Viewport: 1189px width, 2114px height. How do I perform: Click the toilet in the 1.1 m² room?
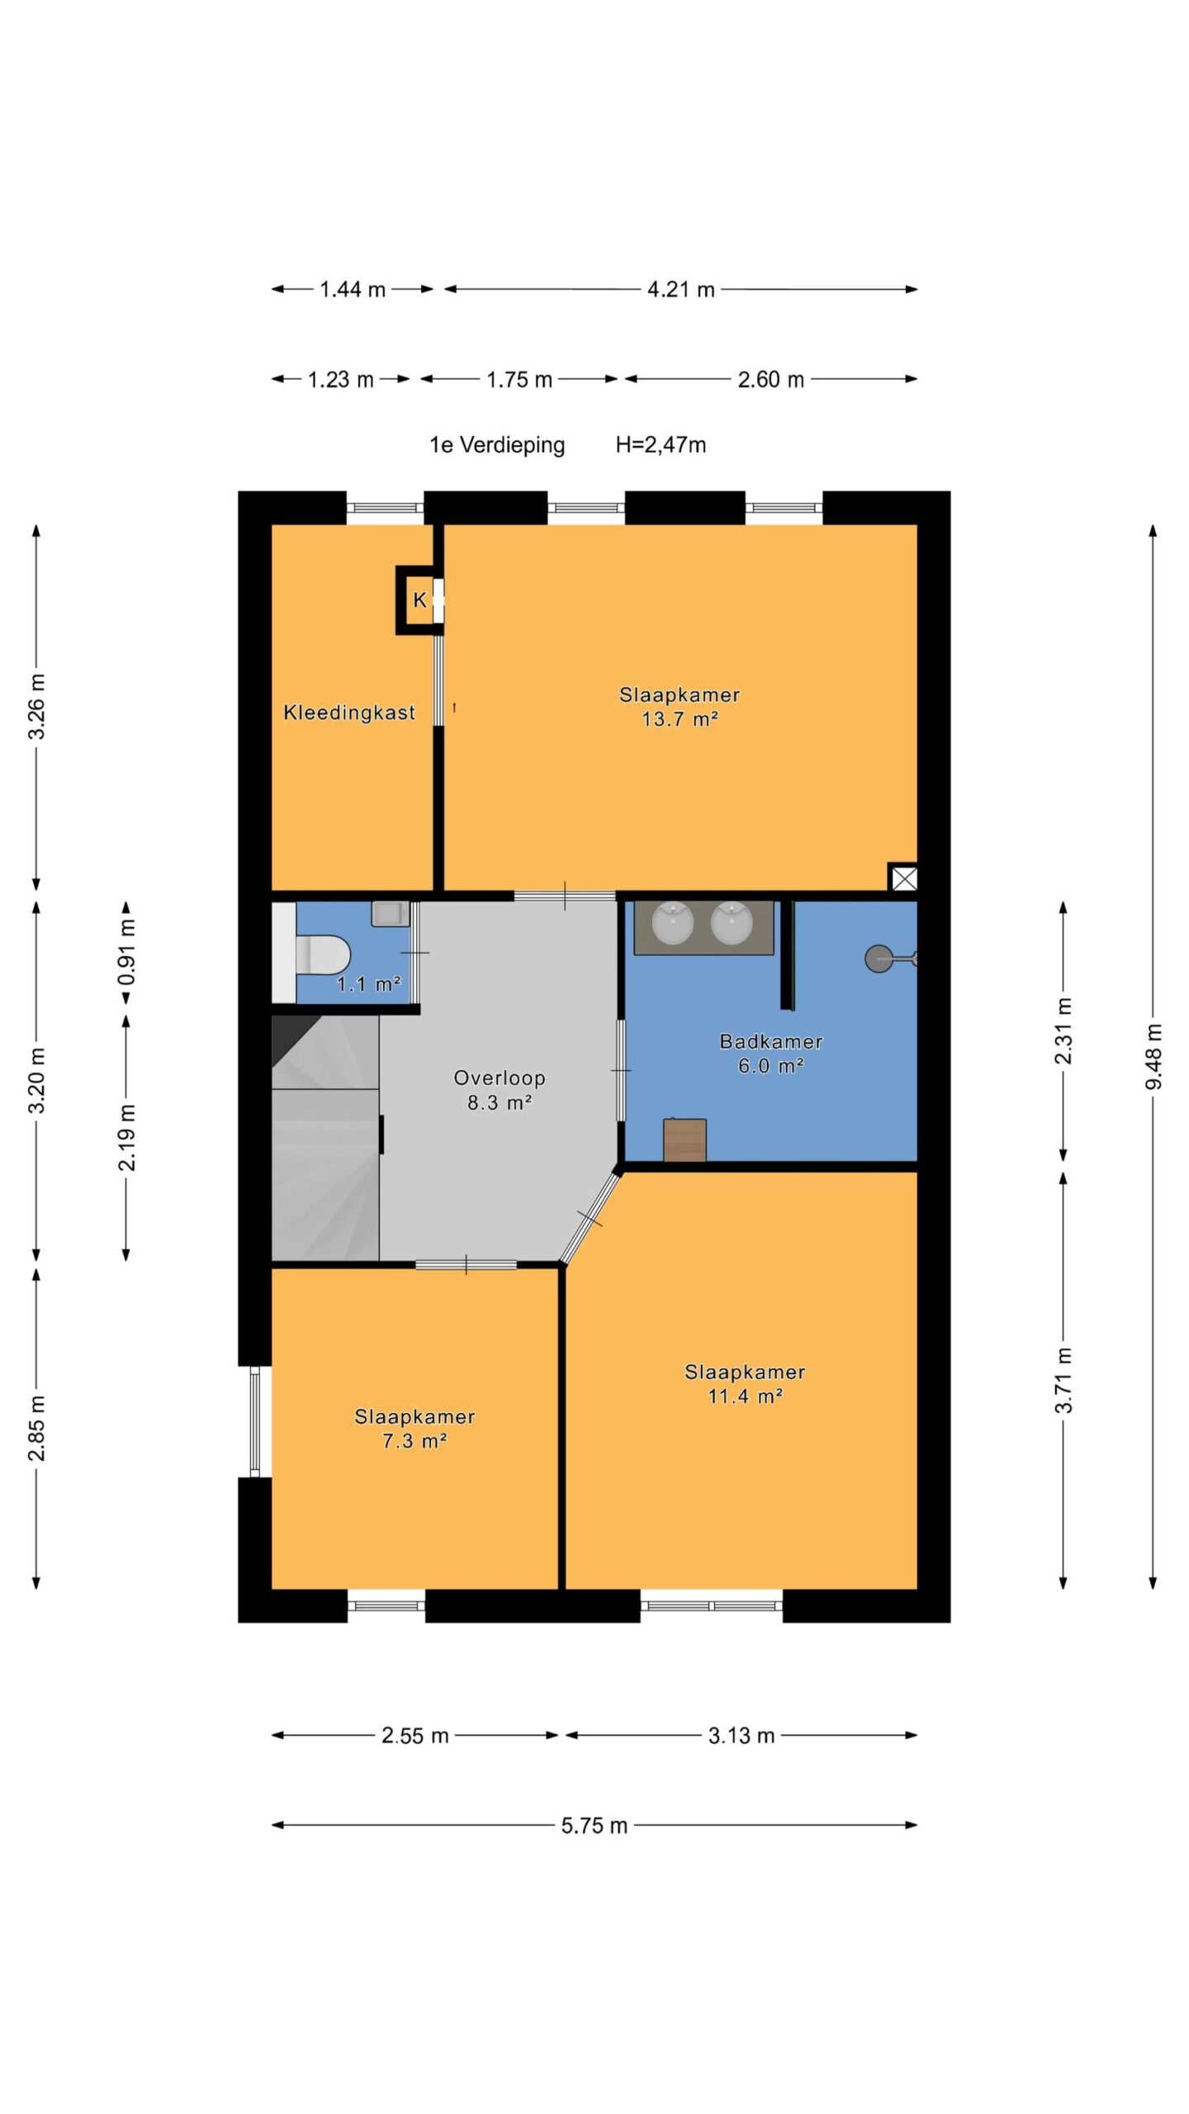[322, 955]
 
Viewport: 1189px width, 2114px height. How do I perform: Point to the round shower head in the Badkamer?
[878, 959]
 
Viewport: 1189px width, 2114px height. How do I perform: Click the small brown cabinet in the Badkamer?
[685, 1140]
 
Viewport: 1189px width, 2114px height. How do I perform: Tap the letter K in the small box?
[419, 600]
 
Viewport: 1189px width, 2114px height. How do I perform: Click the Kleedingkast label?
[349, 713]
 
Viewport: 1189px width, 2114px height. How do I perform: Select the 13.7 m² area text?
[680, 719]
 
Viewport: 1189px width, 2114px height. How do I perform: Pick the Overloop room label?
[500, 1078]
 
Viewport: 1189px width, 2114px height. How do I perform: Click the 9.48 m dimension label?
[1153, 1056]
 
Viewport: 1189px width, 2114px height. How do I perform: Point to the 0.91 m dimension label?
[126, 952]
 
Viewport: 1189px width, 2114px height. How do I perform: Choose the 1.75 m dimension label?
[519, 380]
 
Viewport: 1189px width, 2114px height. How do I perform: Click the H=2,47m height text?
[661, 445]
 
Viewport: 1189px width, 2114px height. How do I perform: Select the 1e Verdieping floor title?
[497, 445]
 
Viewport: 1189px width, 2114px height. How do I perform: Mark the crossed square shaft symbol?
[904, 878]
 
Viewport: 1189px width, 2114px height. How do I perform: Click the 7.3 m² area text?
[414, 1441]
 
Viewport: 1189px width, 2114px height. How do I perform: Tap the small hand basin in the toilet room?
[390, 914]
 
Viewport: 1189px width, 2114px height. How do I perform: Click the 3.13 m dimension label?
[741, 1736]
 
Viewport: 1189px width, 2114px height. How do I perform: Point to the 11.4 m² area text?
[745, 1396]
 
